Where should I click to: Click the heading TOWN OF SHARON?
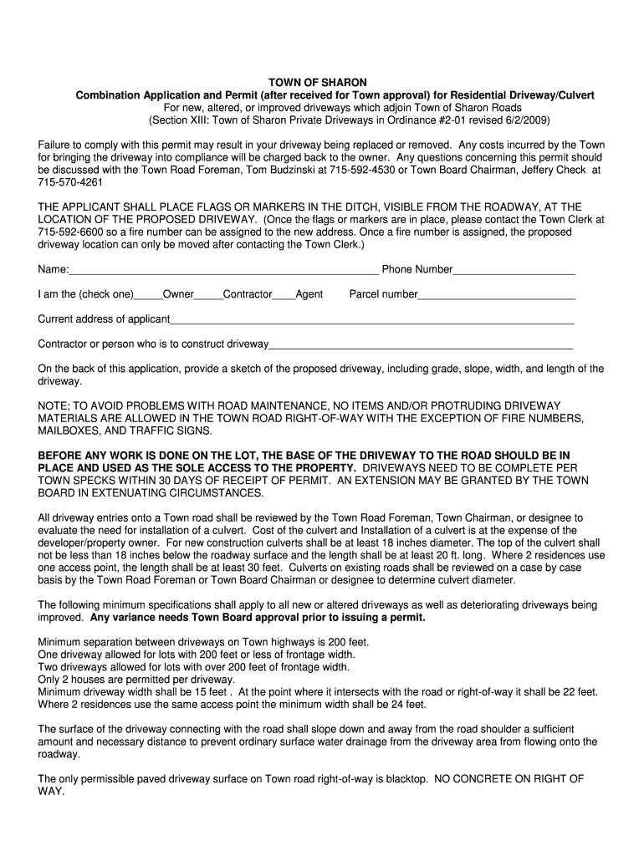point(317,83)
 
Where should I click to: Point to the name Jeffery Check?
point(551,170)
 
